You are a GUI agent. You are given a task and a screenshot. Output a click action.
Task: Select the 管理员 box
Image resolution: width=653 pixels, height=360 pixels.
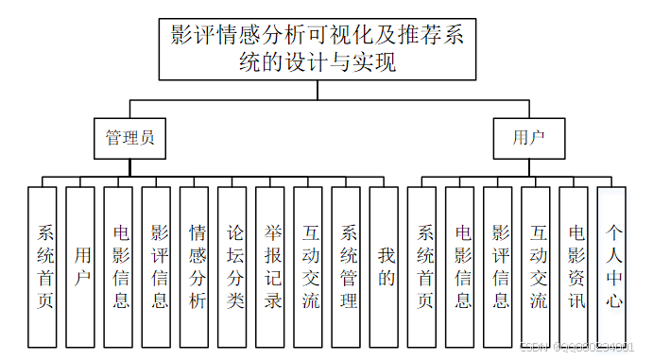(130, 137)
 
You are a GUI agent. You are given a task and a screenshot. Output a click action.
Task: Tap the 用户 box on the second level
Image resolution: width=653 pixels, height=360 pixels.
(529, 137)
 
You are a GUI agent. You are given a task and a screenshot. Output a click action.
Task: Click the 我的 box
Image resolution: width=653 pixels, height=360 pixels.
(384, 266)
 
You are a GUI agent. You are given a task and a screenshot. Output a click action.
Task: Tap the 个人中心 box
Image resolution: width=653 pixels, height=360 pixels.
(611, 266)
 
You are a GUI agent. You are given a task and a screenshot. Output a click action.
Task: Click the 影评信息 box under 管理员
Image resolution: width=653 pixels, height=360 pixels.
(157, 266)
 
